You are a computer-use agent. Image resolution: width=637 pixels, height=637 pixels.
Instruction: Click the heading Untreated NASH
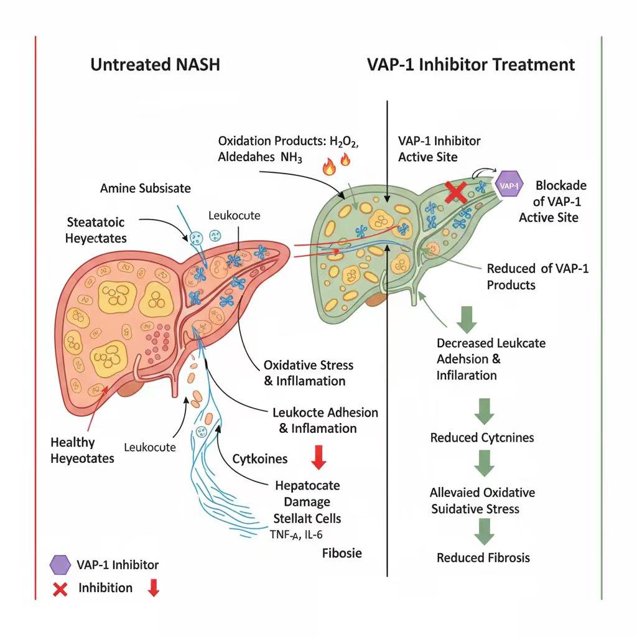155,64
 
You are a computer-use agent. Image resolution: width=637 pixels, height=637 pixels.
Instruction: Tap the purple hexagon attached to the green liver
508,184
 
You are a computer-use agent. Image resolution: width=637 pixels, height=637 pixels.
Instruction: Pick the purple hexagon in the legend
60,565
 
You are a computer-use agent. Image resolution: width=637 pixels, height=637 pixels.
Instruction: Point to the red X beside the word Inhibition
60,588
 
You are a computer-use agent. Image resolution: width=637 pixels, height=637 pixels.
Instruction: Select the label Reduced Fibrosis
483,557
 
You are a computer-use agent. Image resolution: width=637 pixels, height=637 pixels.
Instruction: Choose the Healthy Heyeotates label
82,450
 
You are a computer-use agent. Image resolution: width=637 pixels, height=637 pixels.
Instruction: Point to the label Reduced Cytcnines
482,438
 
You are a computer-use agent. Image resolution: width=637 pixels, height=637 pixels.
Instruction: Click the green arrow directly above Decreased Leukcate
466,318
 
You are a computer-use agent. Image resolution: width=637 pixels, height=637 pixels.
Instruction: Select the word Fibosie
342,552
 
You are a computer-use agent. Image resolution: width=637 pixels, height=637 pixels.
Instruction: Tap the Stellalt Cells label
307,518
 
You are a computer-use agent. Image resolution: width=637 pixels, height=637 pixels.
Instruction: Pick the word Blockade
561,185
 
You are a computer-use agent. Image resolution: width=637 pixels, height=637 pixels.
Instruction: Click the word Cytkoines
260,459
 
